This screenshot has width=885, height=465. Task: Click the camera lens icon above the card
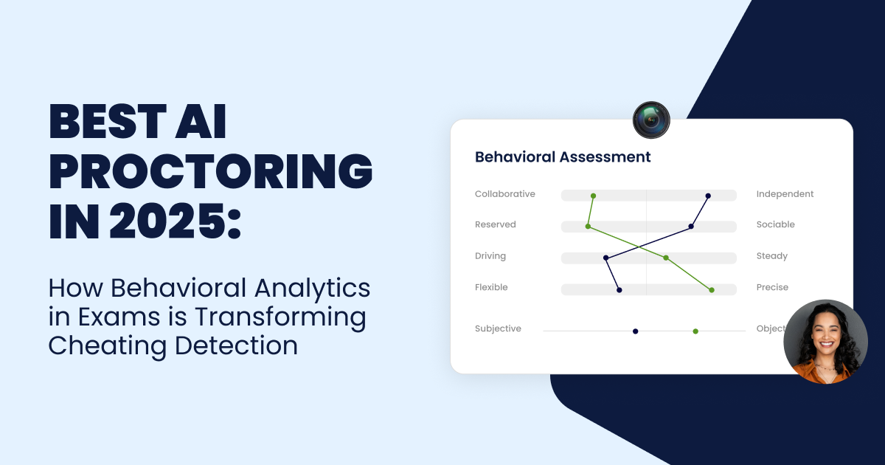tap(651, 120)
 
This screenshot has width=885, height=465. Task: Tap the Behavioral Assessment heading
tap(563, 157)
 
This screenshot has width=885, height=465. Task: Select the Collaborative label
tap(505, 194)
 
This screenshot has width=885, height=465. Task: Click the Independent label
tap(785, 194)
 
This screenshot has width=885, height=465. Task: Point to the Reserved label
tap(496, 224)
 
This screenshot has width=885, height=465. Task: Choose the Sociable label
tap(776, 224)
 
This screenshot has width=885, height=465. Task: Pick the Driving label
tap(490, 256)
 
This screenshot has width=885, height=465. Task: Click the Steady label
tap(772, 256)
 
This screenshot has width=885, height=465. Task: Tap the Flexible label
tap(491, 287)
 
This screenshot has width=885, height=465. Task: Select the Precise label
tap(772, 287)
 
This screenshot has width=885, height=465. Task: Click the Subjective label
tap(498, 328)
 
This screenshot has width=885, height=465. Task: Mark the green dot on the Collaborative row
tap(593, 196)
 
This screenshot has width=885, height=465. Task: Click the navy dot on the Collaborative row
tap(708, 196)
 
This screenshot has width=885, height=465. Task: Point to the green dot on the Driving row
tap(666, 258)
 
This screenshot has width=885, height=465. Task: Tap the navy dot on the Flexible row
tap(619, 290)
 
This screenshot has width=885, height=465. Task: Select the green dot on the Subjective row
tap(695, 331)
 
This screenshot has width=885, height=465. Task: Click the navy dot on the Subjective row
tap(635, 331)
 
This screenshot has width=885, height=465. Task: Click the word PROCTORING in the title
tap(211, 171)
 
